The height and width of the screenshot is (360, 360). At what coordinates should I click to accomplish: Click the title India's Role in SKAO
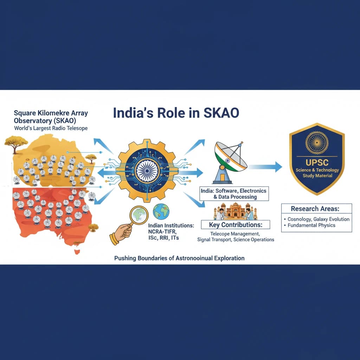pos(176,113)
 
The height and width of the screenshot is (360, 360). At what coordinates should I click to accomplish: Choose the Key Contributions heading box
pos(235,225)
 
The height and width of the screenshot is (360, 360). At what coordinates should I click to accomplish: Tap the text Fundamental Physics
pos(311,225)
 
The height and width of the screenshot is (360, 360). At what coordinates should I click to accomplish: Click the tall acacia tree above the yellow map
pos(16,142)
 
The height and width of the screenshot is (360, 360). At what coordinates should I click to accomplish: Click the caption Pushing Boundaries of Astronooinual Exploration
pos(179,258)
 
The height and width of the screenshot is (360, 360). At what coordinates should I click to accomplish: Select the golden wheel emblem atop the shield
pos(317,143)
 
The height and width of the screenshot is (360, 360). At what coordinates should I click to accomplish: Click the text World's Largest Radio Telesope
pos(51,128)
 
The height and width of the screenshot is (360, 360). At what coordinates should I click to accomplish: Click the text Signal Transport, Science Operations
pos(236,240)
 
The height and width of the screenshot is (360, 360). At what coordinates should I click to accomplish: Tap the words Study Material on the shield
pos(317,175)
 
